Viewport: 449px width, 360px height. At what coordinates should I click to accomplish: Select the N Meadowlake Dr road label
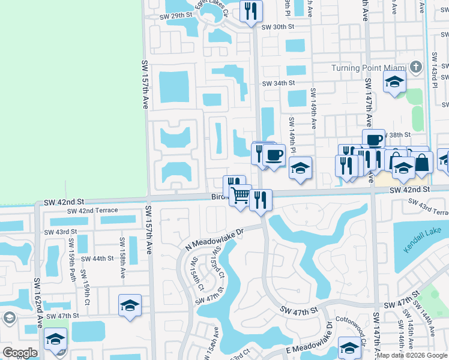pyautogui.click(x=214, y=238)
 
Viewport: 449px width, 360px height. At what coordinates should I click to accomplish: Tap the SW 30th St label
pyautogui.click(x=278, y=26)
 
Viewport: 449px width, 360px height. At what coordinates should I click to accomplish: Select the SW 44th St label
pyautogui.click(x=96, y=259)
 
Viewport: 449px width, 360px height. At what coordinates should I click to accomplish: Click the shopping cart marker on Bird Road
pyautogui.click(x=240, y=195)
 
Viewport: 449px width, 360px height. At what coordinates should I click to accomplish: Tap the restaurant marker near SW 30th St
pyautogui.click(x=251, y=11)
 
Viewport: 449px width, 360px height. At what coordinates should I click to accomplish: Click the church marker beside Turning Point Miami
pyautogui.click(x=414, y=67)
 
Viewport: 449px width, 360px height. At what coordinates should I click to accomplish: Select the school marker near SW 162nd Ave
pyautogui.click(x=55, y=340)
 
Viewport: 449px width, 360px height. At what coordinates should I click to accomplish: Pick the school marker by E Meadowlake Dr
pyautogui.click(x=349, y=346)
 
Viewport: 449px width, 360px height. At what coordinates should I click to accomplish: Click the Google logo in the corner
pyautogui.click(x=20, y=353)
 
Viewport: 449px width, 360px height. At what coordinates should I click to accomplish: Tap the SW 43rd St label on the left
pyautogui.click(x=60, y=232)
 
